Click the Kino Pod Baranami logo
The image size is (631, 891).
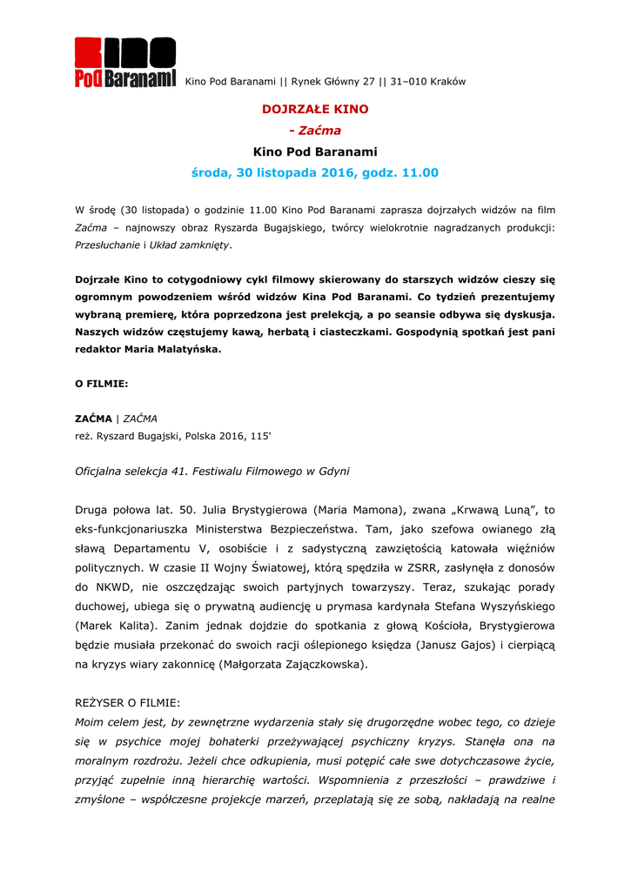coord(124,63)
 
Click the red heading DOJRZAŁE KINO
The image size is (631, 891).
coord(315,110)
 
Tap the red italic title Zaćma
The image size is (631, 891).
coord(320,131)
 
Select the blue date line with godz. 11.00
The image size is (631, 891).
coord(315,173)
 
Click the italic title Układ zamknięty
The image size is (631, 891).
coord(190,245)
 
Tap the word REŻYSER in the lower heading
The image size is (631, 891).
coord(99,702)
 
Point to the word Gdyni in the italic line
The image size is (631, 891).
coord(332,472)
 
